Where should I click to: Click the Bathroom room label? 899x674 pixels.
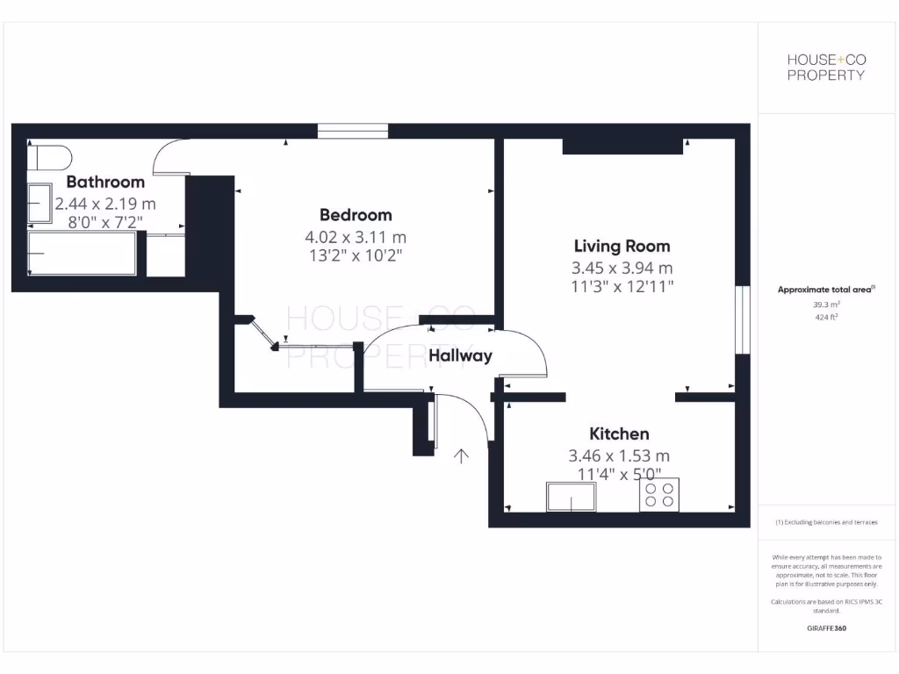click(x=105, y=183)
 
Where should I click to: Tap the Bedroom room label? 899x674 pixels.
click(x=356, y=215)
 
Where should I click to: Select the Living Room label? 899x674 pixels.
click(x=622, y=247)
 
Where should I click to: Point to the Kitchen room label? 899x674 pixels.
click(x=619, y=434)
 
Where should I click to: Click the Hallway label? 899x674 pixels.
click(x=460, y=355)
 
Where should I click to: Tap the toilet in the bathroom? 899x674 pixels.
click(x=51, y=159)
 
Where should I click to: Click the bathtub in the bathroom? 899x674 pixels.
click(x=82, y=253)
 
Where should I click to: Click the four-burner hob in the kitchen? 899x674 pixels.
click(x=658, y=495)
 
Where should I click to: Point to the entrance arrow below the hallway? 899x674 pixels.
click(x=461, y=455)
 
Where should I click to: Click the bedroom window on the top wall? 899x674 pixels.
click(x=352, y=132)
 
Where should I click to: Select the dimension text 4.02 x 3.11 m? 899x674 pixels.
click(x=356, y=237)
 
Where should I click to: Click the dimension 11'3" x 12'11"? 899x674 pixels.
click(x=622, y=287)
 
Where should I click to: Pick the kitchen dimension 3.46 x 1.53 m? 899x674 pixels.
click(x=619, y=455)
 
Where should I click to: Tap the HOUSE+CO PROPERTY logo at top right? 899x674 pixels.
click(x=825, y=67)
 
